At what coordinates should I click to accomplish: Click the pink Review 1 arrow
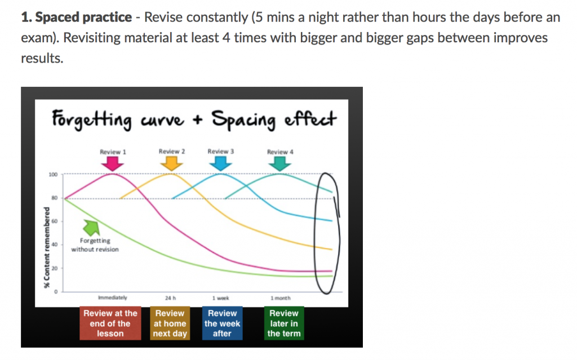click(114, 163)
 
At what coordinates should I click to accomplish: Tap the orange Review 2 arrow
click(171, 163)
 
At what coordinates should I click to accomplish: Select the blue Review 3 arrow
click(220, 163)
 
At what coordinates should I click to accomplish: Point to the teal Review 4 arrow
click(279, 163)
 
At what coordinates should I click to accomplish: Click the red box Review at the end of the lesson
click(110, 323)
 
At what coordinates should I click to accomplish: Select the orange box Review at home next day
click(170, 323)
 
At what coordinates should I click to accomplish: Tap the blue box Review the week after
click(223, 323)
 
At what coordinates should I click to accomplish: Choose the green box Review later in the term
click(284, 323)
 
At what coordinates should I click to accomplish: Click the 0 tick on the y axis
click(55, 291)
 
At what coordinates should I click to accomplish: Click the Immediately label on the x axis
click(113, 297)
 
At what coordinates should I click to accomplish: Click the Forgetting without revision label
click(95, 245)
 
